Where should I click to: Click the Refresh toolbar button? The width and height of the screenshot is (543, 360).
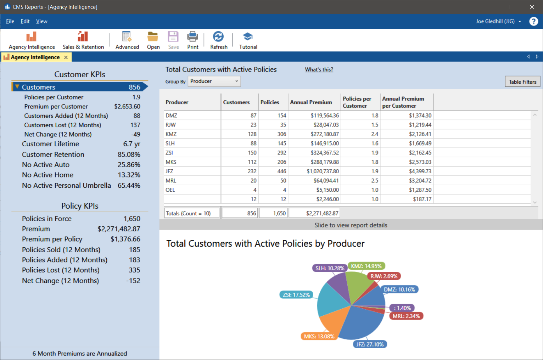pyautogui.click(x=219, y=40)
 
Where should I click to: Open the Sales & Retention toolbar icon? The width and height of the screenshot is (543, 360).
pyautogui.click(x=83, y=40)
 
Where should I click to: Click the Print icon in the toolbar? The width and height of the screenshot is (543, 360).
pyautogui.click(x=193, y=40)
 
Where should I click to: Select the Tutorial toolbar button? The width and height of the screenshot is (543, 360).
pyautogui.click(x=248, y=40)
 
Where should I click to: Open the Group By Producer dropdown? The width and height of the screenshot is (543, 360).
pyautogui.click(x=214, y=81)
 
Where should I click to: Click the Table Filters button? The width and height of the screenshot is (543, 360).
pyautogui.click(x=522, y=82)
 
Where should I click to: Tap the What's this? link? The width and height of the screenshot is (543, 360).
pyautogui.click(x=319, y=70)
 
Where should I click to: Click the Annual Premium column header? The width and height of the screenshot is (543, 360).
pyautogui.click(x=311, y=102)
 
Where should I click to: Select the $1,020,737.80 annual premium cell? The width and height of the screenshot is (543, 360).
pyautogui.click(x=323, y=171)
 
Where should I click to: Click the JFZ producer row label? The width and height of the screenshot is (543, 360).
pyautogui.click(x=169, y=171)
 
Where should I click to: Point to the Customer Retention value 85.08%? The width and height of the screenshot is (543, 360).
pyautogui.click(x=129, y=154)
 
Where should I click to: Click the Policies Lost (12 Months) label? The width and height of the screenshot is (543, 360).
pyautogui.click(x=61, y=270)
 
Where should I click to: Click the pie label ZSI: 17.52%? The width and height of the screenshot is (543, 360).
pyautogui.click(x=296, y=295)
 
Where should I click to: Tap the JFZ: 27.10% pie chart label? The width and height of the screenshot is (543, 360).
pyautogui.click(x=370, y=344)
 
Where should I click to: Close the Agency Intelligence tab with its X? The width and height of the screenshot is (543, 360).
pyautogui.click(x=66, y=57)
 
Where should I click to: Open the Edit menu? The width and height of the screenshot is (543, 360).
pyautogui.click(x=25, y=21)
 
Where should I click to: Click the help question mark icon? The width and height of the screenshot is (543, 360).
pyautogui.click(x=533, y=21)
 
